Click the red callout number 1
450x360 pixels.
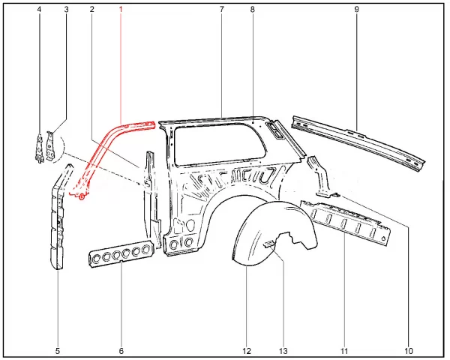[121, 9]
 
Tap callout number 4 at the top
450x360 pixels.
[39, 9]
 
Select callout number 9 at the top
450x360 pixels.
[357, 9]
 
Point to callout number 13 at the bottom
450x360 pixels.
[283, 351]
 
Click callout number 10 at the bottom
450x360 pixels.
[409, 351]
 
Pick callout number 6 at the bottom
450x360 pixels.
[121, 351]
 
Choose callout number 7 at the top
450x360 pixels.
[221, 9]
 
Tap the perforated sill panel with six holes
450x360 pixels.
[121, 253]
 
